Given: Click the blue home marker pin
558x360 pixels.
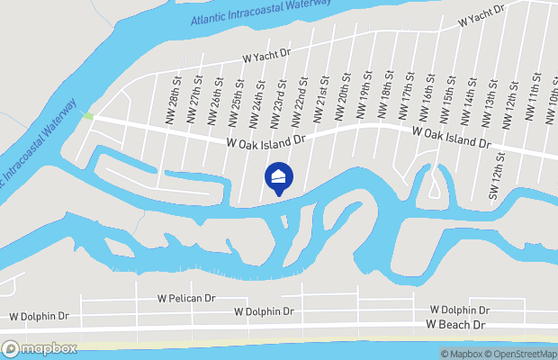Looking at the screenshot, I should [278, 179].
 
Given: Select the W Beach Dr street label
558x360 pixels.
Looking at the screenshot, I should [455, 324].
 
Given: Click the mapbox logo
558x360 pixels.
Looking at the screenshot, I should [39, 348].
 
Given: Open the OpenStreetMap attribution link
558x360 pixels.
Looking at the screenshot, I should [520, 354].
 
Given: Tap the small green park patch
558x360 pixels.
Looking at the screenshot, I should [87, 116].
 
